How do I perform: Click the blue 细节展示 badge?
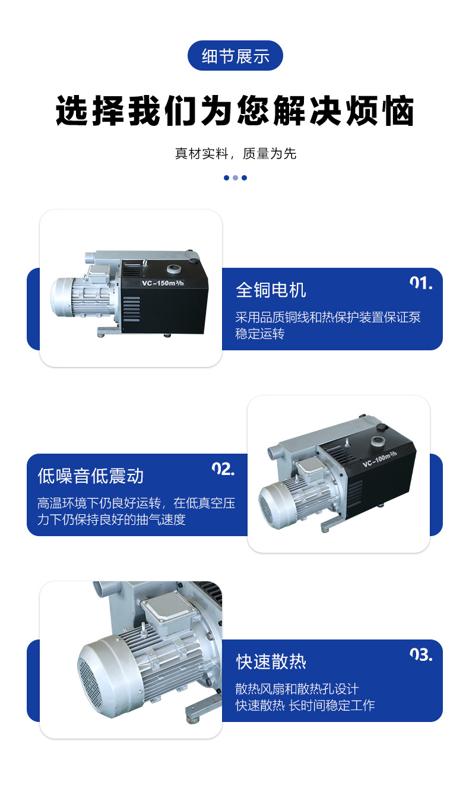tap(235, 56)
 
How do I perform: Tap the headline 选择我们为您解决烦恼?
tap(235, 110)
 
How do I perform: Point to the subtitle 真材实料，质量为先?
tap(235, 154)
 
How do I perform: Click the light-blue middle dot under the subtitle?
tap(235, 178)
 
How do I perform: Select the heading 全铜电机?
tap(271, 290)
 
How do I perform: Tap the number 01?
tap(421, 283)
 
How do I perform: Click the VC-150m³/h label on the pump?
tap(163, 283)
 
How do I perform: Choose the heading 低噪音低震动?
tap(90, 476)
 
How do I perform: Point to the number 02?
tap(223, 469)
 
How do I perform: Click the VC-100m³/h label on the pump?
tap(379, 459)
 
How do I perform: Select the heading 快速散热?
tap(271, 662)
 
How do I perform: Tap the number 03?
tap(421, 655)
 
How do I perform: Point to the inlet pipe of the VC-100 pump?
tap(274, 452)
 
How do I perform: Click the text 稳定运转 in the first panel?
tap(259, 334)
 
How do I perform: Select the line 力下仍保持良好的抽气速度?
tap(112, 520)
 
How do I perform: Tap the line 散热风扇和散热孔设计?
tap(297, 689)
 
